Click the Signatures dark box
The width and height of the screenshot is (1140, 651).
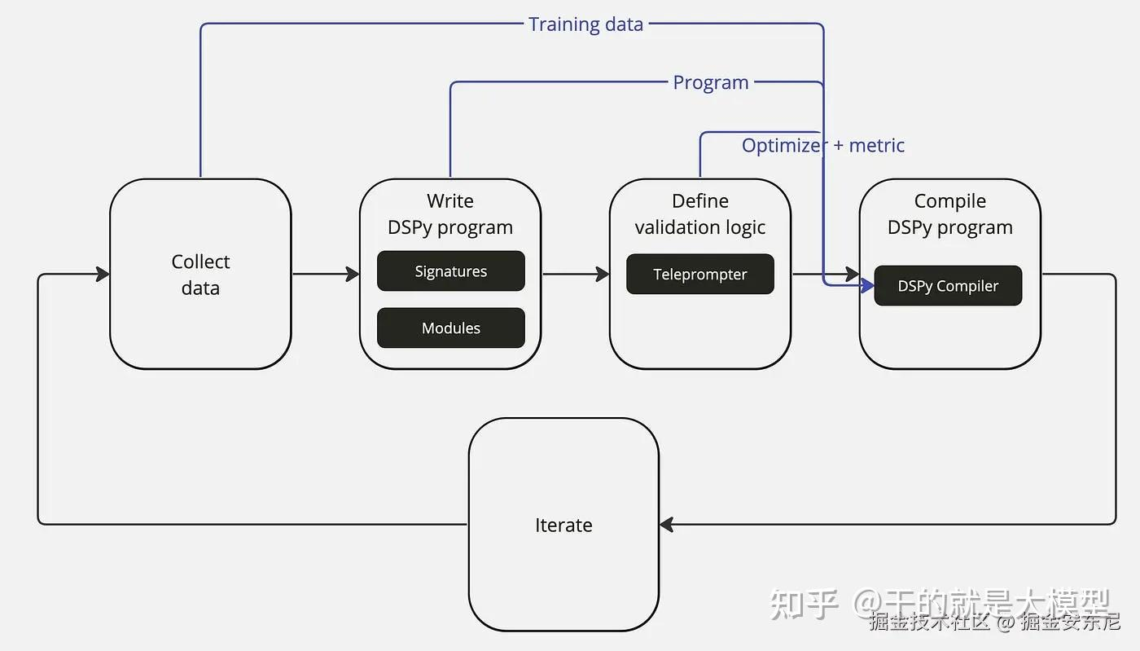[450, 271]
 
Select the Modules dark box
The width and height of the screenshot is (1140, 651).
[450, 328]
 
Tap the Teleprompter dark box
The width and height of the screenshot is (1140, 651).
[699, 275]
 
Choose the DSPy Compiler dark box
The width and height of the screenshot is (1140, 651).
[947, 286]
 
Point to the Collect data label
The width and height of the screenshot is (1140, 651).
[200, 275]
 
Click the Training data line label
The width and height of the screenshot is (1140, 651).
[585, 24]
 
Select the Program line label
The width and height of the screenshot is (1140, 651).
[710, 82]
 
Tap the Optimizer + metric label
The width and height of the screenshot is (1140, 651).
[822, 145]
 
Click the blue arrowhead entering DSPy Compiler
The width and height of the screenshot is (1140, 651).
[867, 285]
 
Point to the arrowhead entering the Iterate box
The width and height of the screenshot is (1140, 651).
[666, 525]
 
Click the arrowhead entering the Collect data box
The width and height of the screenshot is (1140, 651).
[103, 274]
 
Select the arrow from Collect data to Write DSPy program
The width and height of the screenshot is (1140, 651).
[326, 274]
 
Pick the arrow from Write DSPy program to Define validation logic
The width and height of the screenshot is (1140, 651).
[575, 274]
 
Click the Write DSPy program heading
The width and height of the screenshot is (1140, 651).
[450, 213]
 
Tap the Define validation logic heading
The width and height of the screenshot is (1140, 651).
[699, 213]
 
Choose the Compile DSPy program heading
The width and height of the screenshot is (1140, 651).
[949, 213]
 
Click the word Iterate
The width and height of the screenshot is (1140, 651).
[563, 526]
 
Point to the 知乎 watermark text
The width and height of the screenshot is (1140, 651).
[804, 604]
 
